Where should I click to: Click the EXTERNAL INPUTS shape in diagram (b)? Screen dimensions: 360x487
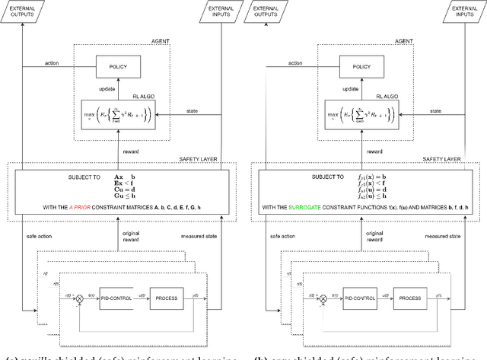[462, 11]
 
